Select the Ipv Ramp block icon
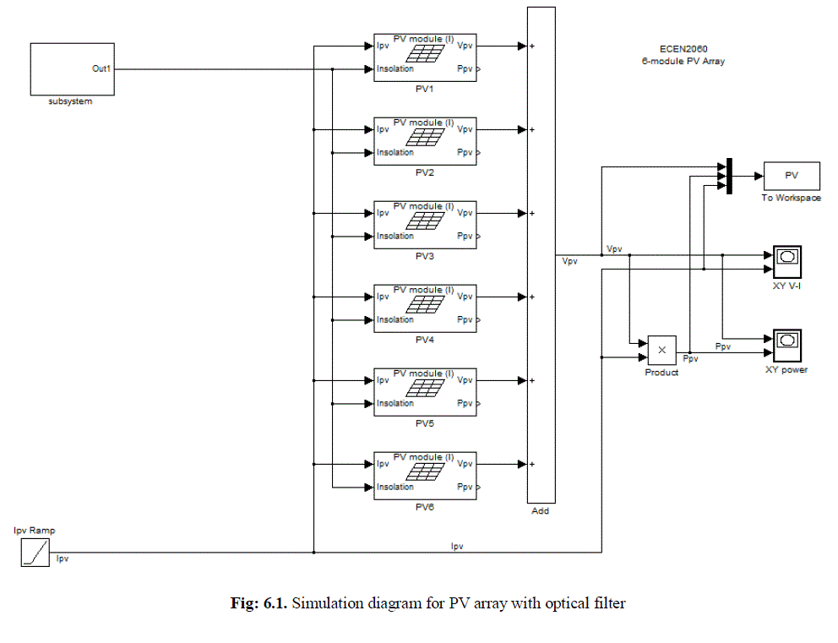(36, 553)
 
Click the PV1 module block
(425, 57)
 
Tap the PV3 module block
(425, 225)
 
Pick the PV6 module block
(425, 476)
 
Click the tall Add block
(541, 253)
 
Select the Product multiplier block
(662, 350)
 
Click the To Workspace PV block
(792, 176)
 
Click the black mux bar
(727, 176)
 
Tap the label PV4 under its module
(425, 340)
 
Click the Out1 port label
(101, 68)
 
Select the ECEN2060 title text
(683, 49)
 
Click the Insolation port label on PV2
(395, 152)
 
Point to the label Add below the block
(541, 511)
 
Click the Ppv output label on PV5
(465, 403)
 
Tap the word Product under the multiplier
(661, 373)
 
